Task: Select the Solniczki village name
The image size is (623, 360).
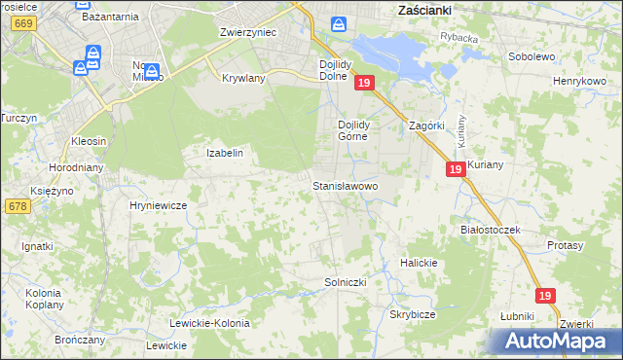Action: point(344,282)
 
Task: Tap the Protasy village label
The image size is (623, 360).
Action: point(565,246)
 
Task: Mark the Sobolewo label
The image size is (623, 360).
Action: point(531,56)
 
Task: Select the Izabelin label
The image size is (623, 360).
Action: point(223,153)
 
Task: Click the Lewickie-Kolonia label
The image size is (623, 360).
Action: point(209,323)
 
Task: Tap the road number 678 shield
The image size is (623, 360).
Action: point(17,206)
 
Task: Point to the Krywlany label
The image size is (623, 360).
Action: point(243,78)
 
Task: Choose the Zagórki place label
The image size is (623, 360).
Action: point(426,126)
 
